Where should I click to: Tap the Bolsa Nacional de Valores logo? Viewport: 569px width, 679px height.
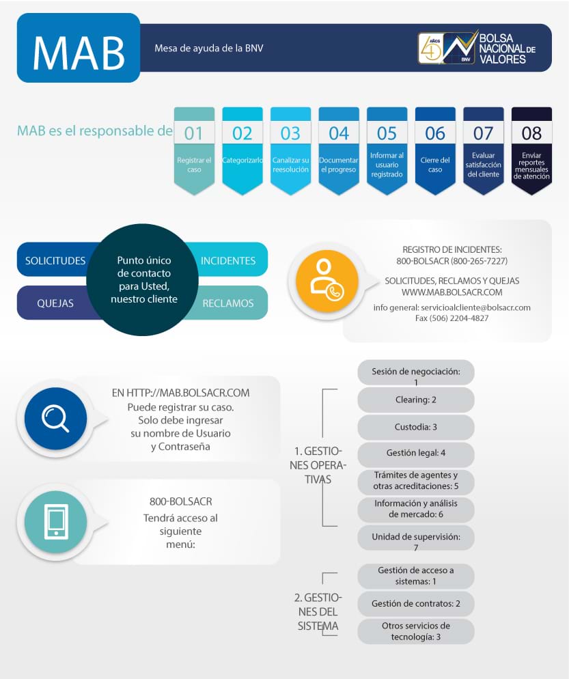pyautogui.click(x=477, y=48)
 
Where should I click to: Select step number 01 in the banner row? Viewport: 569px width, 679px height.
pyautogui.click(x=194, y=133)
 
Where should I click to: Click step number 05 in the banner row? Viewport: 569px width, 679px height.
pyautogui.click(x=387, y=133)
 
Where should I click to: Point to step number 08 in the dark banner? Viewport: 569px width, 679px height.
pyautogui.click(x=531, y=133)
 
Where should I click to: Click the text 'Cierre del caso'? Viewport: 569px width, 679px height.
pyautogui.click(x=435, y=165)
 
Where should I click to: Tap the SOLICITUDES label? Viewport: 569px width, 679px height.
pyautogui.click(x=55, y=260)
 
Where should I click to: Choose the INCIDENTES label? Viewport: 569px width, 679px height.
pyautogui.click(x=228, y=260)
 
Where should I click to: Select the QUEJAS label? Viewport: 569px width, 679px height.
pyautogui.click(x=55, y=303)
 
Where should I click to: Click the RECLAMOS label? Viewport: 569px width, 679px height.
pyautogui.click(x=228, y=303)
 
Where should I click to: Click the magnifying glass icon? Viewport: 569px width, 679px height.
pyautogui.click(x=55, y=417)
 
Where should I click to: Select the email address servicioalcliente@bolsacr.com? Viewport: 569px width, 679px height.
pyautogui.click(x=475, y=307)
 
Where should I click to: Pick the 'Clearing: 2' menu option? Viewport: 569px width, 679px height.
pyautogui.click(x=415, y=400)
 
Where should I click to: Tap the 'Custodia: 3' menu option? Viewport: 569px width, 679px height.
pyautogui.click(x=415, y=427)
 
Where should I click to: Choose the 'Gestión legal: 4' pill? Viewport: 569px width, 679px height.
pyautogui.click(x=415, y=453)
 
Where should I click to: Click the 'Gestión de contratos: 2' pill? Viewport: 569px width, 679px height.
pyautogui.click(x=415, y=604)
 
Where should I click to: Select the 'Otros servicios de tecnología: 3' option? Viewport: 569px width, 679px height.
pyautogui.click(x=415, y=631)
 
